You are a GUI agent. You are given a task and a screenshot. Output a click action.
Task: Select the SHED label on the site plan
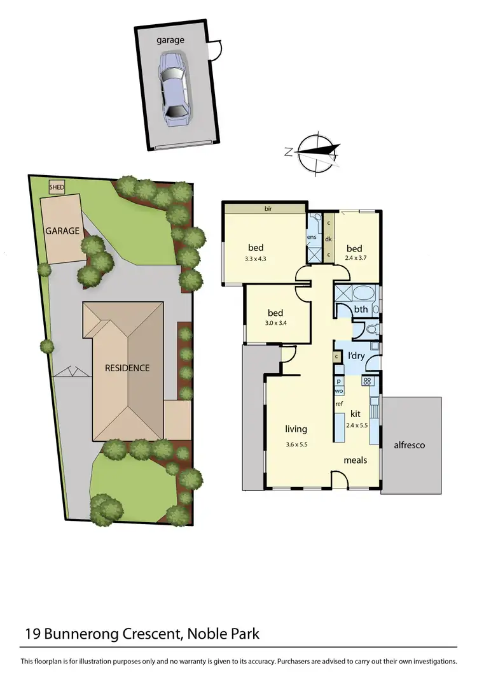tap(57, 187)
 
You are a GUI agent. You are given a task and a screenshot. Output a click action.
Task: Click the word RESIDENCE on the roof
tap(127, 368)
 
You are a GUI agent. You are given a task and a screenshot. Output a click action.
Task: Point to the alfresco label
tap(410, 445)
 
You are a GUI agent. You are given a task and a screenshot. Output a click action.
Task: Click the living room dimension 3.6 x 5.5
tap(296, 444)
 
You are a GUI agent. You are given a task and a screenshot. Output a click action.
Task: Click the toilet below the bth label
tap(373, 329)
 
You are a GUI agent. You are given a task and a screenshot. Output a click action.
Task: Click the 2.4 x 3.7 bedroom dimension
tap(354, 259)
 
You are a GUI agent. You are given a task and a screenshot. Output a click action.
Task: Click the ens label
tap(312, 238)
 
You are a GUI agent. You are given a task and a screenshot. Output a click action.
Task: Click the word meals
tap(355, 459)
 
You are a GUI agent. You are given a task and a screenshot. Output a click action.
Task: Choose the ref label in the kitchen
tap(339, 404)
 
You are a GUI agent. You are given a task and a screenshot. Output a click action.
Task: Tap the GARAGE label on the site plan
tap(62, 231)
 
